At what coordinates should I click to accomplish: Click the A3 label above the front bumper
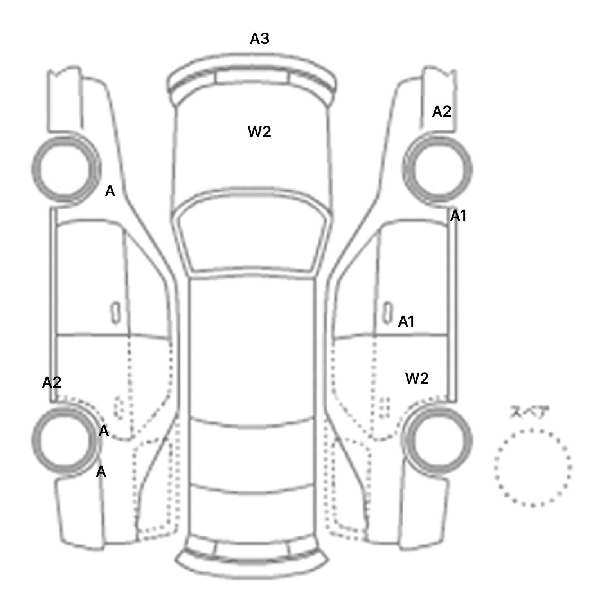pyautogui.click(x=259, y=38)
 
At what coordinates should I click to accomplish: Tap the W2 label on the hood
pyautogui.click(x=259, y=132)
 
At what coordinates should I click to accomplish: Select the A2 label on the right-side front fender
pyautogui.click(x=441, y=112)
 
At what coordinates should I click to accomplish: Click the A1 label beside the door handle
pyautogui.click(x=406, y=321)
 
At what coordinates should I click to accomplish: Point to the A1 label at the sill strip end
pyautogui.click(x=458, y=215)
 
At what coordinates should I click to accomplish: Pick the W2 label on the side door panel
pyautogui.click(x=417, y=378)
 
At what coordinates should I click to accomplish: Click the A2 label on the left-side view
pyautogui.click(x=52, y=382)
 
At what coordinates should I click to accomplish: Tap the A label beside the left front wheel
pyautogui.click(x=110, y=191)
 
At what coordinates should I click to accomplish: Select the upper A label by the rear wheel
pyautogui.click(x=103, y=431)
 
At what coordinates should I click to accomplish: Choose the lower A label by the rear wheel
pyautogui.click(x=101, y=471)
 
